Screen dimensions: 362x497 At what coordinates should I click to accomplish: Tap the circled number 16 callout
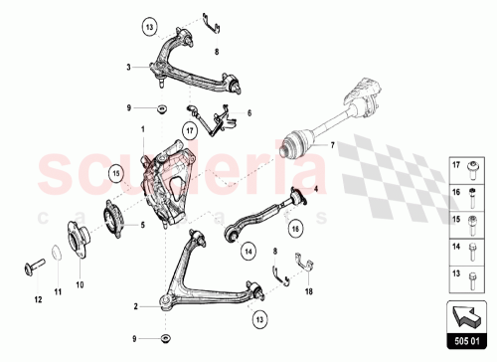295,230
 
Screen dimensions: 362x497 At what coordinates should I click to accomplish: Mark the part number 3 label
129,68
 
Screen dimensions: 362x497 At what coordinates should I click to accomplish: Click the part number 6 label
250,113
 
